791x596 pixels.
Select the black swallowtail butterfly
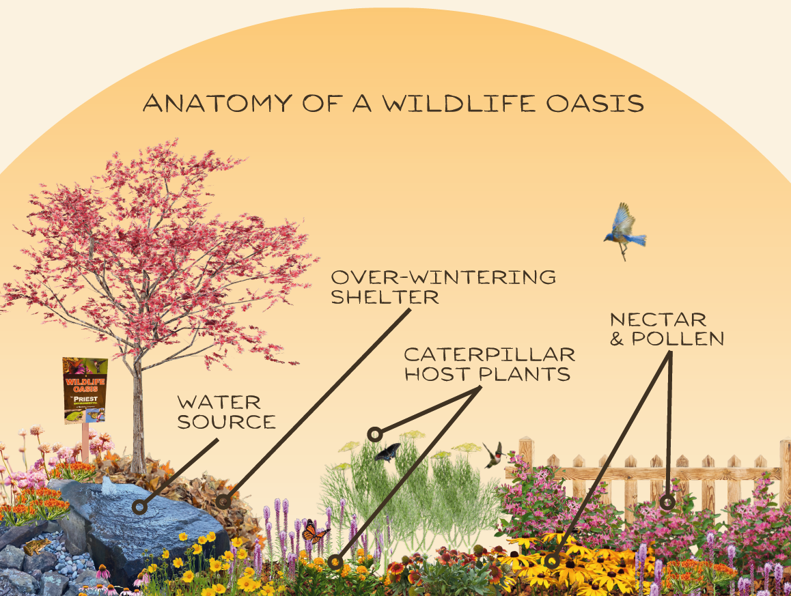(x=388, y=452)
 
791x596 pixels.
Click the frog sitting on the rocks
(x=36, y=547)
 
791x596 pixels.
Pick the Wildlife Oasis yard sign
(x=85, y=390)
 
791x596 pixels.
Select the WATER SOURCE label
(x=226, y=412)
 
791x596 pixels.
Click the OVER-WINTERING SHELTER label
(x=443, y=287)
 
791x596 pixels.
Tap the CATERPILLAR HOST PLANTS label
(x=489, y=364)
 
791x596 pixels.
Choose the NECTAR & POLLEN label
(x=667, y=328)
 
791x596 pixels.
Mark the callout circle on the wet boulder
(x=140, y=507)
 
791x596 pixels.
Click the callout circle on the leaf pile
(x=222, y=502)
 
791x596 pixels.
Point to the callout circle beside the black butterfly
(x=374, y=434)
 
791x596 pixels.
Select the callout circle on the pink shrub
(x=667, y=502)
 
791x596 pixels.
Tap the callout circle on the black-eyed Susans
(x=553, y=562)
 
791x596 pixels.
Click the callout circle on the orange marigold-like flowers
(x=335, y=562)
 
